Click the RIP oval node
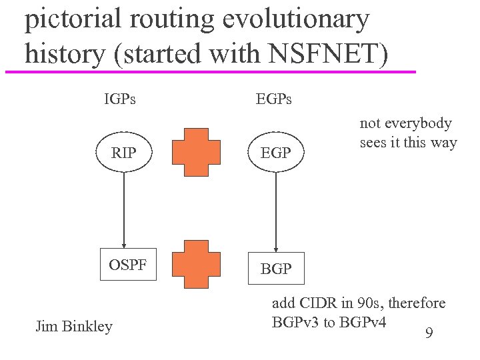tap(124, 153)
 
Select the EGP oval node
tap(275, 153)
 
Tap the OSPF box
tap(128, 265)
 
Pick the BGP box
tap(275, 269)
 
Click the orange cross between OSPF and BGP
tap(195, 265)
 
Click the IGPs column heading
tap(120, 100)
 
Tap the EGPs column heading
tap(274, 100)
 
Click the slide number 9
tap(429, 331)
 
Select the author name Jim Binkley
tap(73, 326)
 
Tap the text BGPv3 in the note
tap(297, 322)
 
